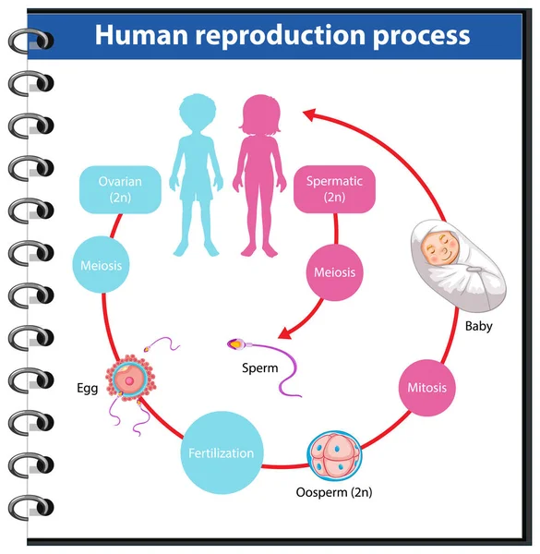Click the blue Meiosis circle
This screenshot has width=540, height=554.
101,265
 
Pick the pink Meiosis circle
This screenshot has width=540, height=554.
334,272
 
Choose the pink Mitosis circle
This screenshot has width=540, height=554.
426,387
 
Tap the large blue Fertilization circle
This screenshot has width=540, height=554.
221,453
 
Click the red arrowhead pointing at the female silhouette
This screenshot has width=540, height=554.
311,116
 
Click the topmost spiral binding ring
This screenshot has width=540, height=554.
30,40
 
